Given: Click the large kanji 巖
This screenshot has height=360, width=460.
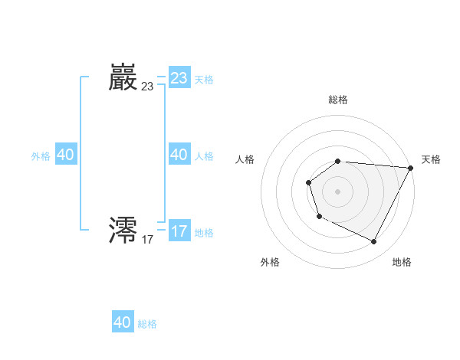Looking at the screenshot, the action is coord(123,78).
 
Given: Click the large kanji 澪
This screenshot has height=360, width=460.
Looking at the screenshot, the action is coord(123,231).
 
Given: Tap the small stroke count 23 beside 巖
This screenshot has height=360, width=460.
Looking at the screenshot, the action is coord(147,87).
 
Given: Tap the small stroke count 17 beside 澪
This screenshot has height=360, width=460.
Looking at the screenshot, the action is coord(147,239).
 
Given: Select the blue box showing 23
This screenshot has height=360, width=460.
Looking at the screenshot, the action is coord(179,78).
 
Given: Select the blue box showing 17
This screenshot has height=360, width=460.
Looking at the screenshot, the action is coord(179,231).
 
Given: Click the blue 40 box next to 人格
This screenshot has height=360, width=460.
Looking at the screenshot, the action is coord(179,155).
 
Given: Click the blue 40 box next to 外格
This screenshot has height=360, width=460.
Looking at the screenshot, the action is coord(65,155).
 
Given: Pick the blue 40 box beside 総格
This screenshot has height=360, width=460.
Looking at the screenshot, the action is coord(123,322).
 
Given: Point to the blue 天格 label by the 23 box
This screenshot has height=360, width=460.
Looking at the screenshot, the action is coord(204,80).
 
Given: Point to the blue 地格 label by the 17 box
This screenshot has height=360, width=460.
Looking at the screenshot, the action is coord(204,232).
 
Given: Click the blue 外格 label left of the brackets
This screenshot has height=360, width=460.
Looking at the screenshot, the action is coord(41,156).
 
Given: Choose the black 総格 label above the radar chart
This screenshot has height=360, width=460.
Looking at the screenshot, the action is coord(337,100).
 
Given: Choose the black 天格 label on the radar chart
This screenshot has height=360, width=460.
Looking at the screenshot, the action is coord(431,159).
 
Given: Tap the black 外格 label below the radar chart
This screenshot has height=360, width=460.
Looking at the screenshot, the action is coord(270,262).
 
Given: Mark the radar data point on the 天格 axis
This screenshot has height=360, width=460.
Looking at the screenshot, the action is coord(411,168).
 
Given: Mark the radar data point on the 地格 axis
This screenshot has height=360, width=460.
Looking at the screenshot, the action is coord(374,242).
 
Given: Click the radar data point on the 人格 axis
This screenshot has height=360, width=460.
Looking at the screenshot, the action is coord(308,182).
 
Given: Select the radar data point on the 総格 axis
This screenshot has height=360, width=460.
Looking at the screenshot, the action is coord(337,161).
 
